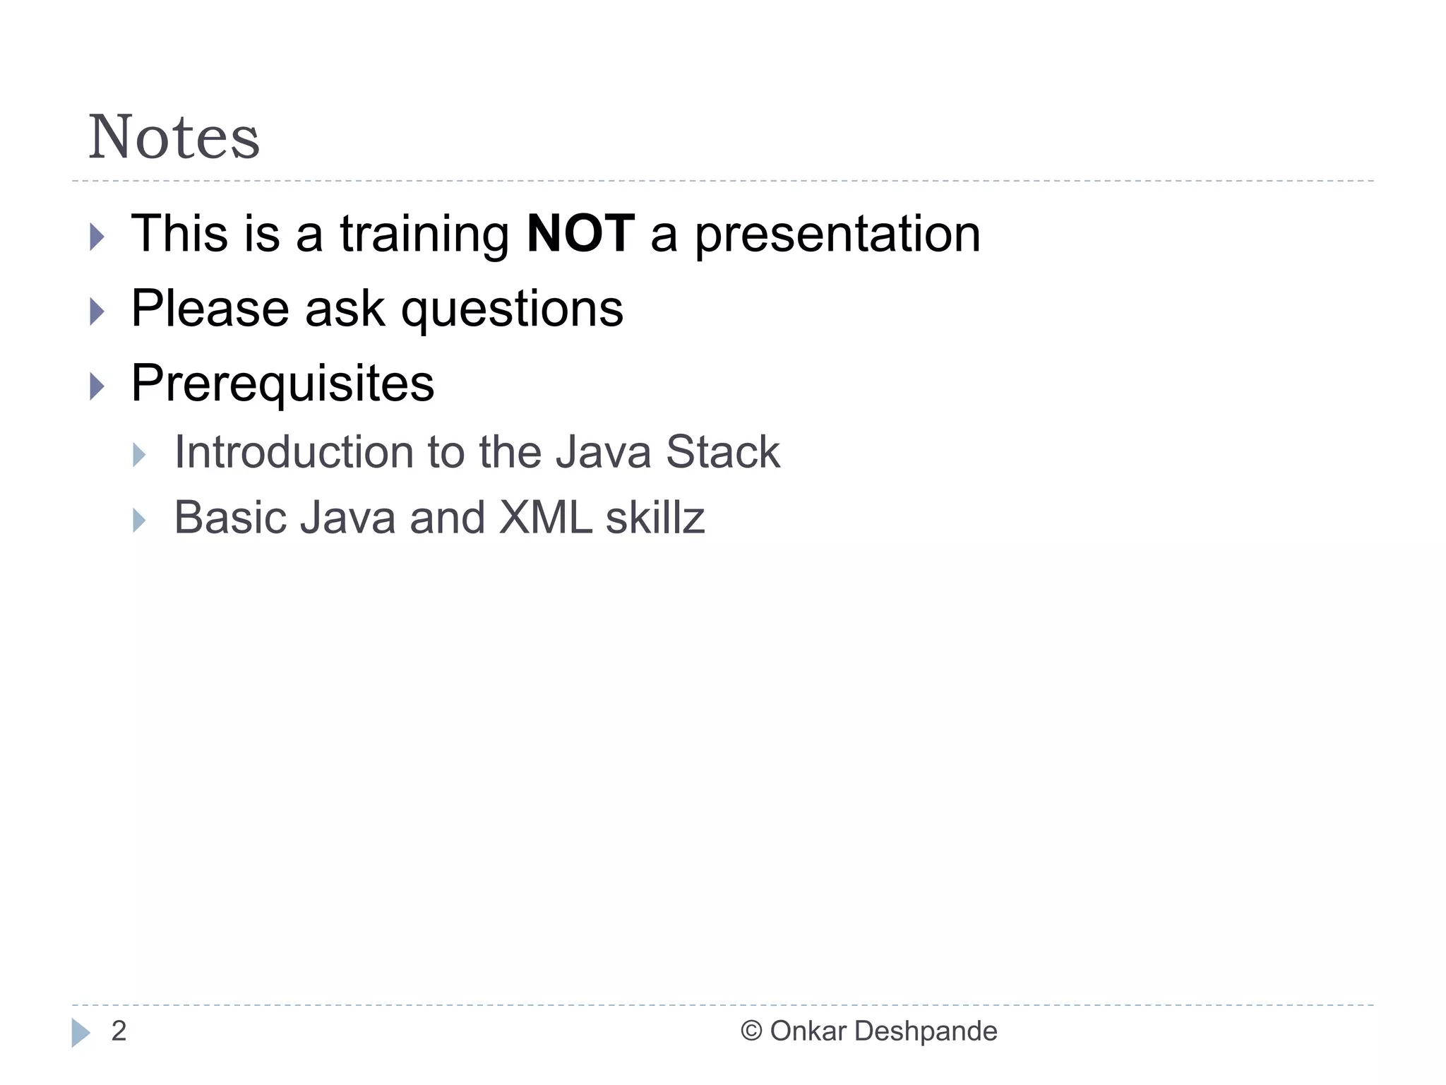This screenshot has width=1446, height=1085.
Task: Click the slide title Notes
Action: (x=174, y=137)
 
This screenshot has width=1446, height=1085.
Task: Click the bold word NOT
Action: (x=580, y=234)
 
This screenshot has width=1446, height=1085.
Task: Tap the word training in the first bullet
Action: (x=424, y=235)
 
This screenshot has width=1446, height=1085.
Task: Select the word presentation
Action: (x=837, y=235)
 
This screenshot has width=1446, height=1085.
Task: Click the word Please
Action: (x=210, y=309)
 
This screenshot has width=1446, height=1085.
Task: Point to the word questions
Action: (x=512, y=311)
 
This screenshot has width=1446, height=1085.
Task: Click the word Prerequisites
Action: (x=282, y=384)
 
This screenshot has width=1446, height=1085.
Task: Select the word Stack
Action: (x=722, y=452)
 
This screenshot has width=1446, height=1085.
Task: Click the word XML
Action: (x=545, y=518)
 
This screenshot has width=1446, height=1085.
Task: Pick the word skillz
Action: (x=655, y=518)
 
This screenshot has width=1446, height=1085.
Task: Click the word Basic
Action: (x=229, y=518)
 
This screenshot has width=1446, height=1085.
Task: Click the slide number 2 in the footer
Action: (x=119, y=1031)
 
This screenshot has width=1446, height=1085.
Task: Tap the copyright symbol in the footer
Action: (x=751, y=1031)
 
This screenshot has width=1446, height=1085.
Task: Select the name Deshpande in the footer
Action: (x=926, y=1032)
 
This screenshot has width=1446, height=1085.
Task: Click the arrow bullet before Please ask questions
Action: (x=97, y=312)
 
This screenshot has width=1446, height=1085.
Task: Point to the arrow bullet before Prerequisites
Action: (x=97, y=386)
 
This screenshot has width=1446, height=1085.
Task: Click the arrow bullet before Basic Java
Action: (x=139, y=521)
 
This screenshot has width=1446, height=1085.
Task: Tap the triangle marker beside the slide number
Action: (x=80, y=1033)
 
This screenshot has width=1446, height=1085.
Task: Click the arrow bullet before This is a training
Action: (x=97, y=237)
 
